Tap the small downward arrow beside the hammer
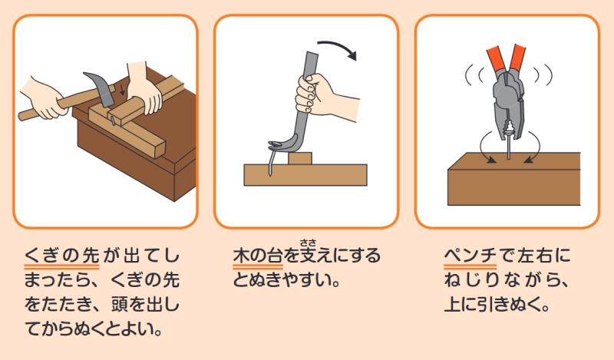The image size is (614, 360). (x=123, y=91)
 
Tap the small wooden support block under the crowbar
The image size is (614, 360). (x=300, y=158)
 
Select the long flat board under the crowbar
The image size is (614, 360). (x=305, y=175)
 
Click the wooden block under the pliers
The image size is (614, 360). (x=514, y=179)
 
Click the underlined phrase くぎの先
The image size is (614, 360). (x=62, y=256)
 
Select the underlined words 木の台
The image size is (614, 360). (x=258, y=256)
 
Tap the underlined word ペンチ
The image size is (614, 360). (x=470, y=256)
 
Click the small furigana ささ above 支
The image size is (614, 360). (x=309, y=243)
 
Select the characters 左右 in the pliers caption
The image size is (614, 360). (x=534, y=256)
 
